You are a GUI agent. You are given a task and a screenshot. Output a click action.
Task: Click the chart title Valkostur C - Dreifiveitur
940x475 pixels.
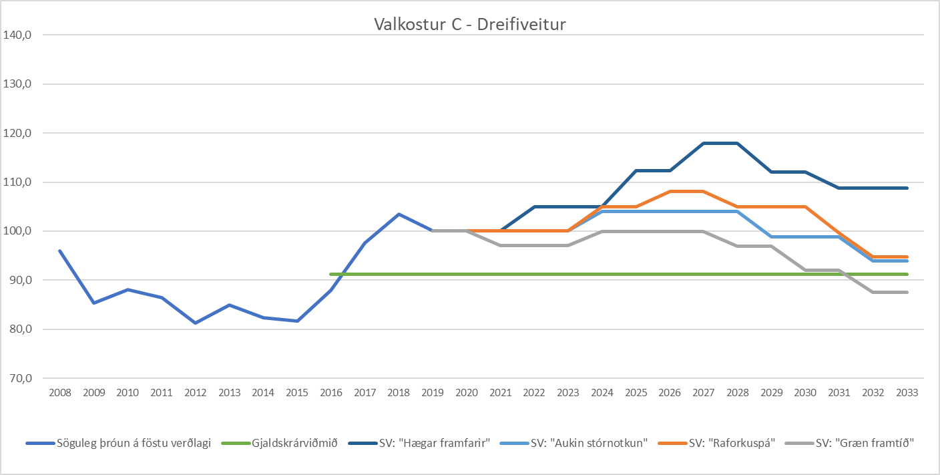click(470, 25)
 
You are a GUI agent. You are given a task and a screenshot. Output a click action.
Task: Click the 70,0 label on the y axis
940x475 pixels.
click(19, 378)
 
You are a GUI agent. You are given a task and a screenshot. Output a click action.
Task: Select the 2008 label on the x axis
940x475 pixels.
click(60, 393)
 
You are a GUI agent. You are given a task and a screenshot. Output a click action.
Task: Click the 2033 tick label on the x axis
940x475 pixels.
click(907, 393)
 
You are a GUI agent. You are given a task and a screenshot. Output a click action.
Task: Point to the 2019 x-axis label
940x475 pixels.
click(433, 393)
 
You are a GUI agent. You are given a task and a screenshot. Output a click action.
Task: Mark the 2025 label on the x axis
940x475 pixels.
click(636, 393)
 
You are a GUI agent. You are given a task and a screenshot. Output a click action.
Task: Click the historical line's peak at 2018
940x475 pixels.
click(399, 214)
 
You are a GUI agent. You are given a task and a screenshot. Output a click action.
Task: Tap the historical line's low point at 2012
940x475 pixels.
click(196, 323)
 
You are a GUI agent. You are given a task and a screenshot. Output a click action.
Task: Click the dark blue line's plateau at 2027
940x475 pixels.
click(704, 143)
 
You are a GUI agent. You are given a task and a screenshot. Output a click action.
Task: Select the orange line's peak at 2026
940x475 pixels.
click(670, 191)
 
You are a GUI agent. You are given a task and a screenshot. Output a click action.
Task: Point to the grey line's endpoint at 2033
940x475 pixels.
click(907, 292)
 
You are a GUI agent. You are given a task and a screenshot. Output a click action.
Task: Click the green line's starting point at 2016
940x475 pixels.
click(331, 274)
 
